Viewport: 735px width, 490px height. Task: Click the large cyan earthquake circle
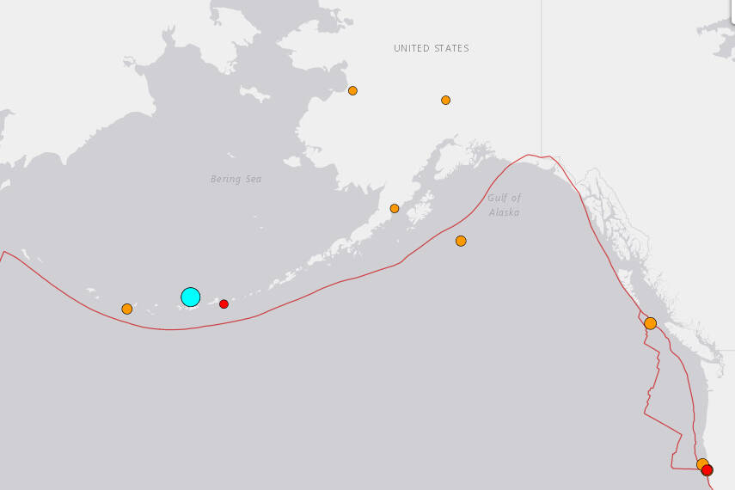190,297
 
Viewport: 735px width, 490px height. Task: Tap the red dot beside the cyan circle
224,303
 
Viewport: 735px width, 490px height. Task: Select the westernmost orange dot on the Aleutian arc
127,309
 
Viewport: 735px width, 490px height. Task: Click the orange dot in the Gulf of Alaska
461,241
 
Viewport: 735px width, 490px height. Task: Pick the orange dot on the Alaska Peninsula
395,208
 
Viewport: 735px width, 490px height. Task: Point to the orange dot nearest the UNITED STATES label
445,100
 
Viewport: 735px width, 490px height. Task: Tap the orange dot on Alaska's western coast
352,90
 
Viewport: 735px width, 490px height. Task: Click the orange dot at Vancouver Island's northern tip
650,323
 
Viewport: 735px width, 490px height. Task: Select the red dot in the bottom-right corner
707,470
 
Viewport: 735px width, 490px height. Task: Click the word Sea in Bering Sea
253,179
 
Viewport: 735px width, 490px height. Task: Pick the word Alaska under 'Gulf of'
505,211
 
